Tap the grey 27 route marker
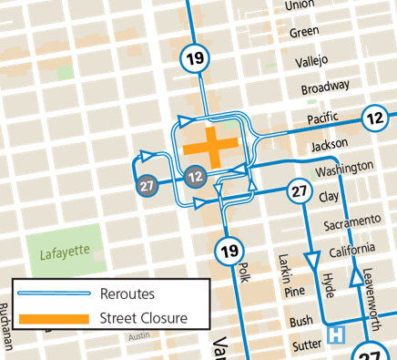coord(147,186)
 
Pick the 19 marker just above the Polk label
coord(229,251)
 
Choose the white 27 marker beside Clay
coord(300,191)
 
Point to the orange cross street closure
coord(210,147)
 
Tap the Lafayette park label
coord(64,252)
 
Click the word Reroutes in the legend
coord(129,293)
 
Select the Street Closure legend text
coord(145,318)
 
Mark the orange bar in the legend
coord(56,318)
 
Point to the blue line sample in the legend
coord(56,293)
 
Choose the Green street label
coord(301,33)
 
